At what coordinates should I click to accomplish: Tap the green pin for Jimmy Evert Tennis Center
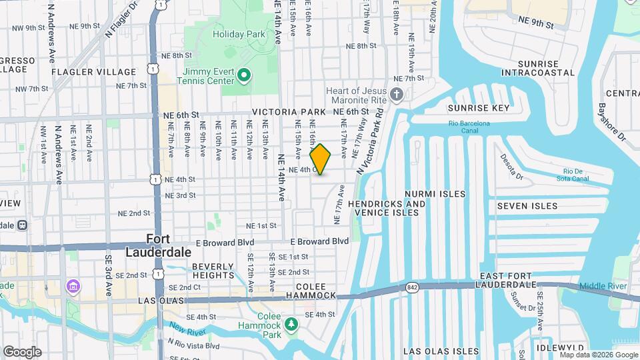click(x=244, y=75)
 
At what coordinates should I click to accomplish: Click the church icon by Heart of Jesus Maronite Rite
click(x=397, y=93)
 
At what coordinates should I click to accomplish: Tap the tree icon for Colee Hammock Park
click(x=291, y=324)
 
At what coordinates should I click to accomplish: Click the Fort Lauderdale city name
click(x=159, y=245)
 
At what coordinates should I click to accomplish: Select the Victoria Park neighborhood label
click(x=289, y=112)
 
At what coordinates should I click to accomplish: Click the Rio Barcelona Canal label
click(x=469, y=123)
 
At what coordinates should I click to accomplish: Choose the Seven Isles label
click(x=527, y=206)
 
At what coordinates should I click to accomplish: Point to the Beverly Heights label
click(x=213, y=270)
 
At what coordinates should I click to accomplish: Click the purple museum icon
click(x=72, y=287)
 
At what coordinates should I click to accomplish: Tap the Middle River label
click(x=603, y=286)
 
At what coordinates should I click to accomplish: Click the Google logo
click(x=22, y=351)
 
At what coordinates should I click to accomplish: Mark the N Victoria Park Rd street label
click(x=372, y=137)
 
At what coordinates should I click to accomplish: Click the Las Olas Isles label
click(x=441, y=351)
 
